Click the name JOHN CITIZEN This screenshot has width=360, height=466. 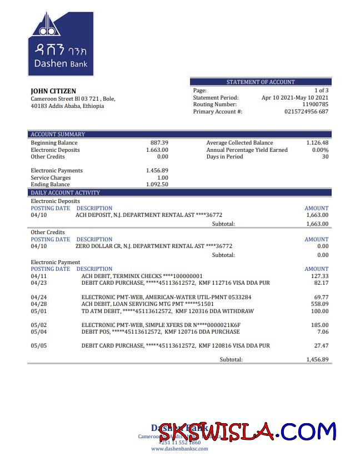click(53, 91)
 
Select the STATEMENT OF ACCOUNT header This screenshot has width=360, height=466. click(261, 82)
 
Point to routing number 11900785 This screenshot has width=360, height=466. click(315, 105)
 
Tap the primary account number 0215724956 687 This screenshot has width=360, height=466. click(306, 112)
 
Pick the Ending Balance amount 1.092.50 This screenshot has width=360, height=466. click(157, 185)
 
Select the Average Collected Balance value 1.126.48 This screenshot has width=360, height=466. click(317, 143)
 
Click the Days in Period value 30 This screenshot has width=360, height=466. click(325, 157)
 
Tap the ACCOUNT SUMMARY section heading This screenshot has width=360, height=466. click(58, 135)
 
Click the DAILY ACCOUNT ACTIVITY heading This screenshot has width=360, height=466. click(66, 193)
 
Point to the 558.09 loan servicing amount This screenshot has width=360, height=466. click(319, 304)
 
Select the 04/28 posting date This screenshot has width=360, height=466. click(39, 304)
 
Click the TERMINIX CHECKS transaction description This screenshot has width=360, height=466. click(142, 276)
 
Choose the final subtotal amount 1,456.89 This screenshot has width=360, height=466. click(317, 360)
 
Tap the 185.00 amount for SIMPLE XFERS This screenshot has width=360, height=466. click(319, 325)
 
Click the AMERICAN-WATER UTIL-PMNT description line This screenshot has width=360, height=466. click(166, 298)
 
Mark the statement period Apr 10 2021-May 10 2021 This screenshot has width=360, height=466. click(294, 97)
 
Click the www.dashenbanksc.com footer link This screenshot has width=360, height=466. click(179, 449)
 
